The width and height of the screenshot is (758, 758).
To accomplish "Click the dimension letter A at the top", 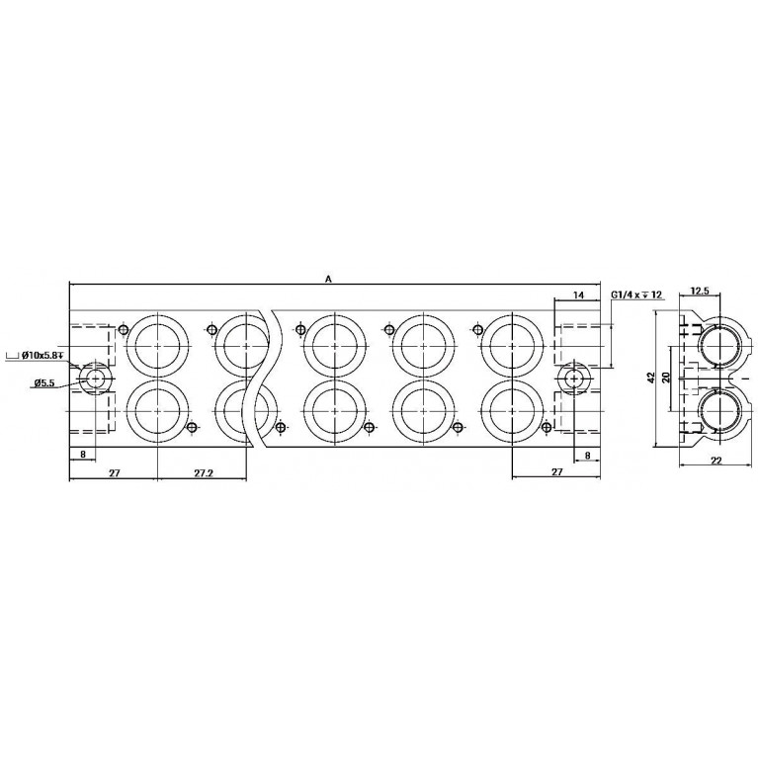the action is click(329, 279).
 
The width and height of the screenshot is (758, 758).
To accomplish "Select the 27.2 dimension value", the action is click(204, 472).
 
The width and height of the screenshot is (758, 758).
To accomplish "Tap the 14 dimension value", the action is click(578, 295).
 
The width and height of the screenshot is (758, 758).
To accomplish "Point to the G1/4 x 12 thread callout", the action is click(636, 295).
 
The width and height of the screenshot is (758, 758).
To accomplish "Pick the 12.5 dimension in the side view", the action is click(700, 291).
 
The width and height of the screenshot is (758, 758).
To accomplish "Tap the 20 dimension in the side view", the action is click(666, 378).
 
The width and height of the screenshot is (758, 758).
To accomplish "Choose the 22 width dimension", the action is click(716, 462).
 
